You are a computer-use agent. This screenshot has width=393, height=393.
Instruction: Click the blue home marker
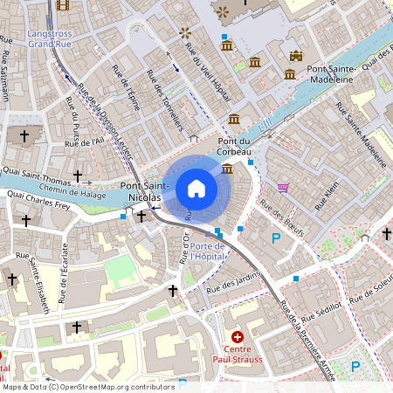tap(196, 189)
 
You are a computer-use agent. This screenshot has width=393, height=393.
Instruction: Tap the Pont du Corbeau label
tap(234, 146)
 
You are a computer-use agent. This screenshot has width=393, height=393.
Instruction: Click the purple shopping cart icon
tap(283, 188)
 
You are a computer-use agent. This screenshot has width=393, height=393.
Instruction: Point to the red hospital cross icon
tap(237, 336)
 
